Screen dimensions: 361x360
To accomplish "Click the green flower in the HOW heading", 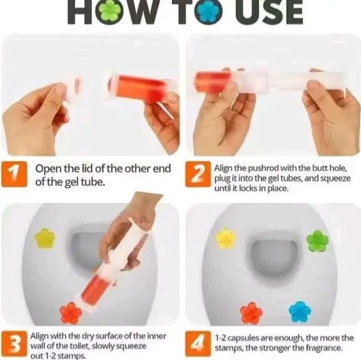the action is coord(111,11).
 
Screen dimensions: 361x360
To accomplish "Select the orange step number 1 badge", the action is coord(14,174).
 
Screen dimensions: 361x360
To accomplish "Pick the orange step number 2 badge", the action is coord(198,174).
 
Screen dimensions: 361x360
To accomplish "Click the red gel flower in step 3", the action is coord(70,312).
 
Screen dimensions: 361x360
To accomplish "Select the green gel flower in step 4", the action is coord(318,241).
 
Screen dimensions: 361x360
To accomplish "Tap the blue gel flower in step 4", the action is coord(300,311).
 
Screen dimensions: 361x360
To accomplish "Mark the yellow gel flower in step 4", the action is coord(226,237).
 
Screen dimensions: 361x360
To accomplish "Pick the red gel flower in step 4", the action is coord(251,313).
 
